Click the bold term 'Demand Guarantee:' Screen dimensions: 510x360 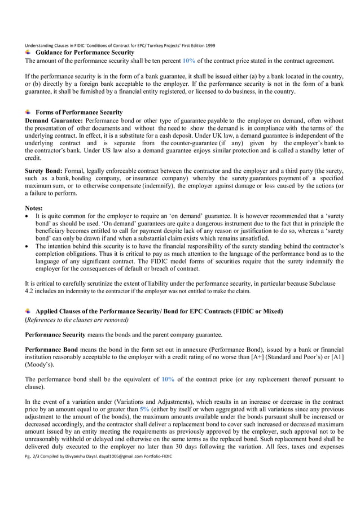pyautogui.click(x=54, y=121)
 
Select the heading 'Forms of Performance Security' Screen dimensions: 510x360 pyautogui.click(x=78, y=112)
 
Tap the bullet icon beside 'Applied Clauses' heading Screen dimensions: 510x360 pyautogui.click(x=29, y=311)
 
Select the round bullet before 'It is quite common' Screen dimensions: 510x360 pyautogui.click(x=28, y=216)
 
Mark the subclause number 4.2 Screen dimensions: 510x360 pyautogui.click(x=30, y=291)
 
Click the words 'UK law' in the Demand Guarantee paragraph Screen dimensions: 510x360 pyautogui.click(x=273, y=136)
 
